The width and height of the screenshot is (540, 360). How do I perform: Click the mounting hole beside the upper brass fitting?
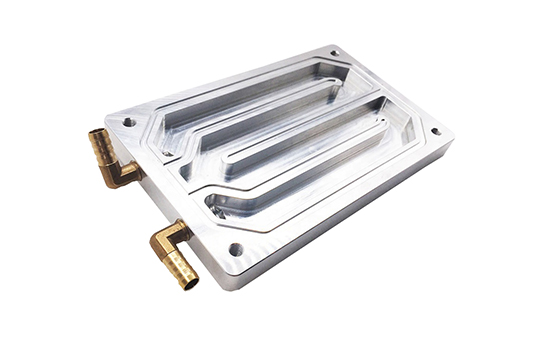coord(129,122)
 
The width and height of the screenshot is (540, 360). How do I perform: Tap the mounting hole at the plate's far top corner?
coord(334,53)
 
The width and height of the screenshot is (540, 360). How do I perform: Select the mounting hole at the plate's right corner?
coord(434,131)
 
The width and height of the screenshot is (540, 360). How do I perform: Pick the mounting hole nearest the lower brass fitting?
coord(236,249)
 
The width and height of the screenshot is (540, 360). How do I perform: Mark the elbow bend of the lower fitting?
coord(160,240)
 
